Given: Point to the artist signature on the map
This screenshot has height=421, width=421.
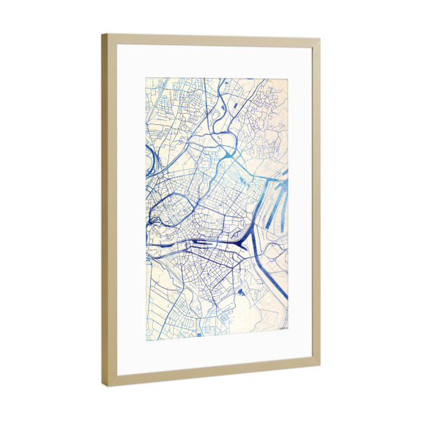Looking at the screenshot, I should tap(282, 327).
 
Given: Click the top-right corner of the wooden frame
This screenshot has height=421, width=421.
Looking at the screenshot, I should tap(319, 39).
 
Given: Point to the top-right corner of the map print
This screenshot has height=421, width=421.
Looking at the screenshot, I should tap(289, 78).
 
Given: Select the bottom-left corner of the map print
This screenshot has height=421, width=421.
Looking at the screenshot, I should tap(146, 342).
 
